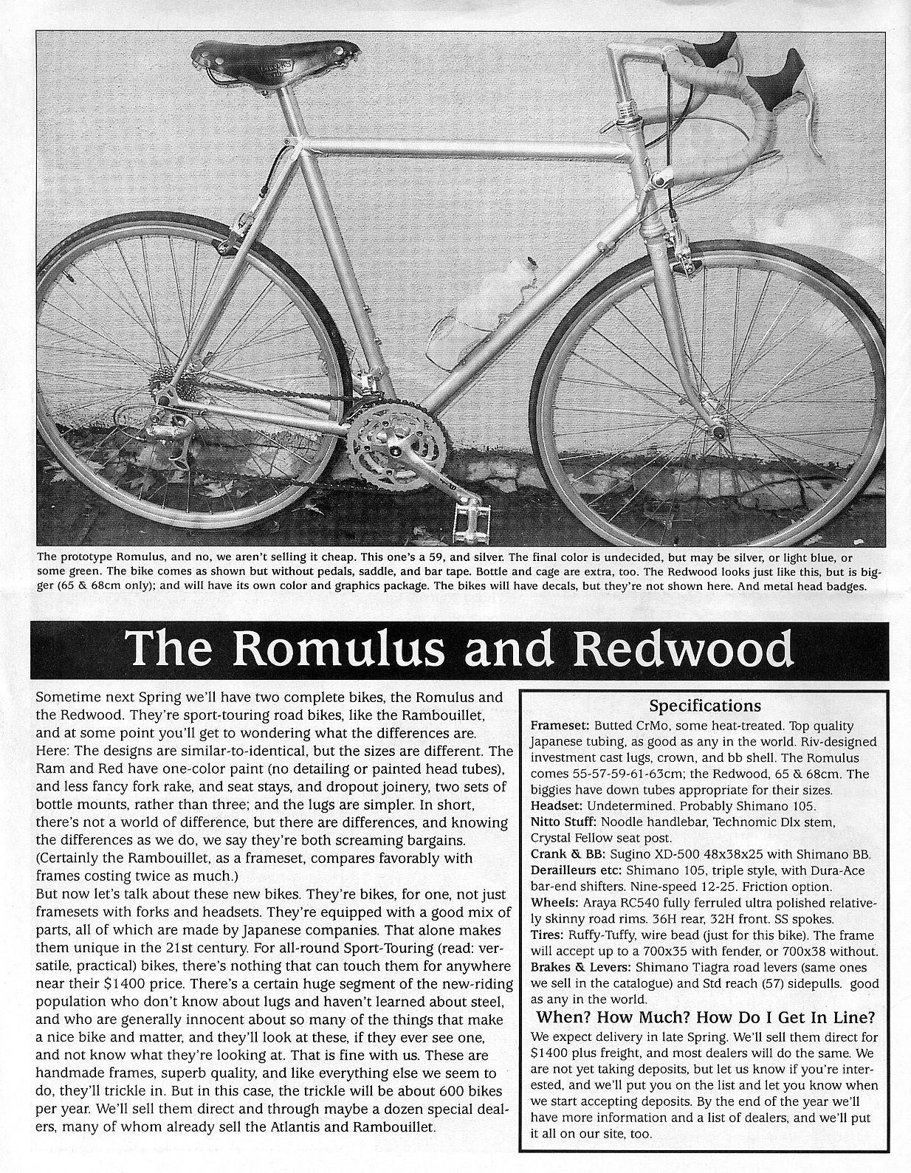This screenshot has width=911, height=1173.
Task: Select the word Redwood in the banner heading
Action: point(683,649)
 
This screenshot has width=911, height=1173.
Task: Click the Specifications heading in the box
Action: point(704,705)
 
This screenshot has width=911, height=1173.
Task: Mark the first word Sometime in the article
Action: point(69,697)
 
